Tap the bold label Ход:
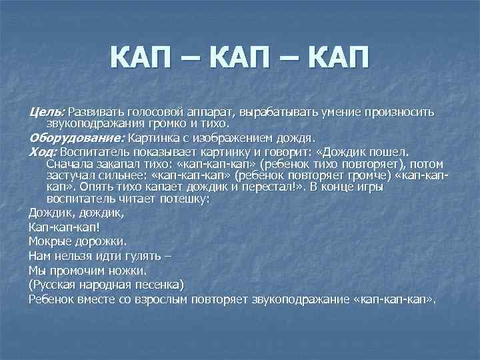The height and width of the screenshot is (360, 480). point(43,151)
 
